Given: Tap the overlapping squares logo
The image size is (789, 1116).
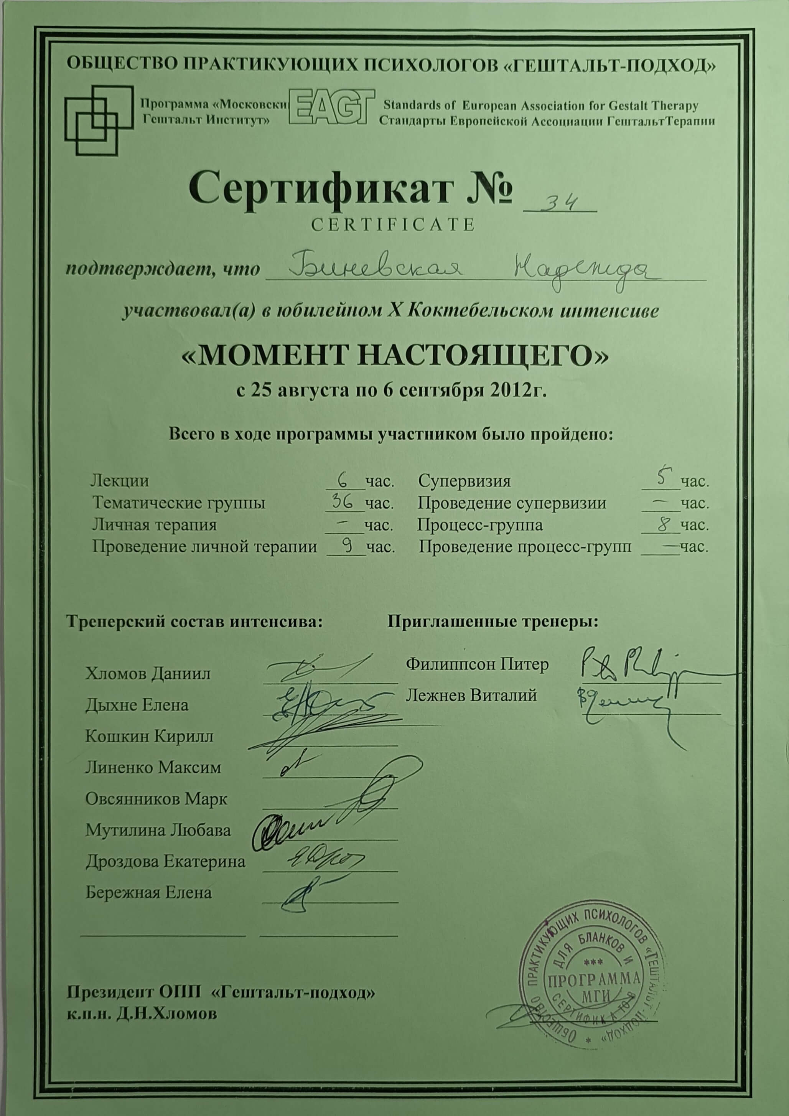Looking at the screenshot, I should tap(99, 120).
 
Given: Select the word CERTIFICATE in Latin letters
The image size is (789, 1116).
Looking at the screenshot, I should tap(392, 224).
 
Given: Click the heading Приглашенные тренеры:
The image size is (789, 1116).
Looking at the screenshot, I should tap(493, 621).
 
